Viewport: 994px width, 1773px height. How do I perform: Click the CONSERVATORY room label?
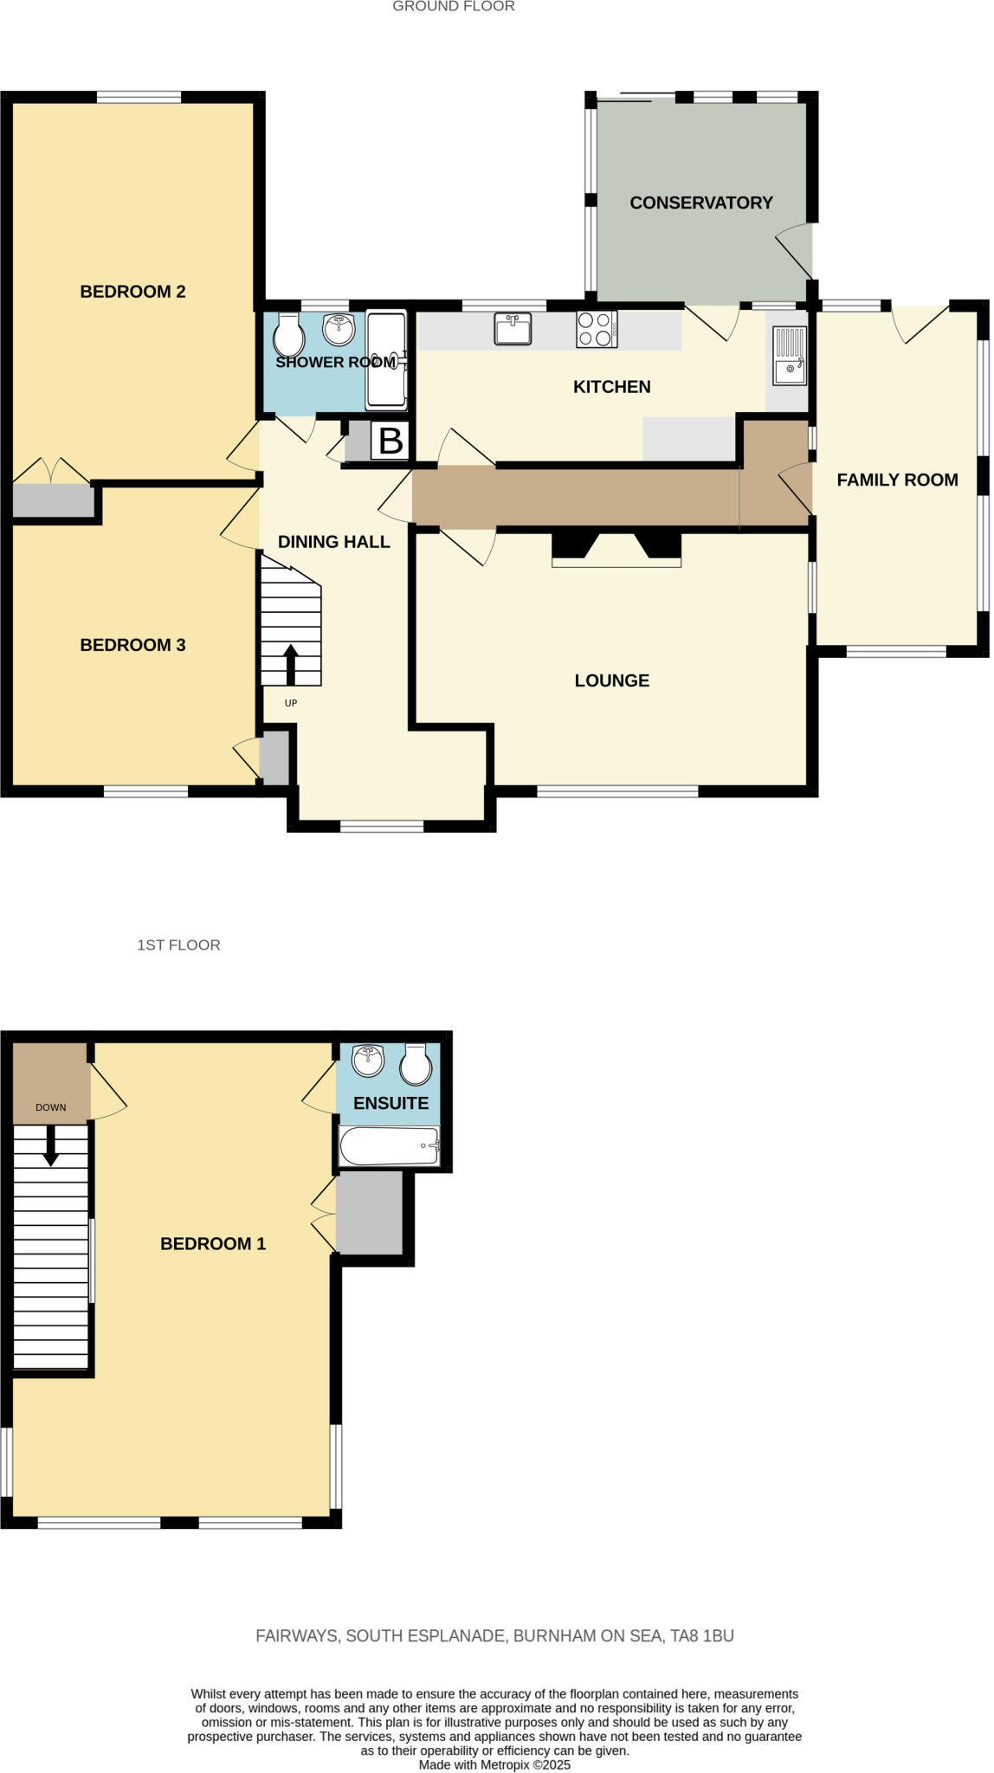(x=700, y=203)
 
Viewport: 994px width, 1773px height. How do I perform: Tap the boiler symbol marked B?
(x=390, y=441)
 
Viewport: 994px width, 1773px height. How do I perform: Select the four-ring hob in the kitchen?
(x=596, y=329)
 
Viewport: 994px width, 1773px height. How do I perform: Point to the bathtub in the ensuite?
(x=390, y=1145)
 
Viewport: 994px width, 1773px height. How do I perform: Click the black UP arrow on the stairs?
(x=290, y=665)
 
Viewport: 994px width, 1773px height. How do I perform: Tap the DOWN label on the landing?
(x=51, y=1106)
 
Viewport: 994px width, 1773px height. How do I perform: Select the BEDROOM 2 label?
(x=132, y=292)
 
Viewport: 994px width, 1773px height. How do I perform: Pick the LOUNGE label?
(x=611, y=680)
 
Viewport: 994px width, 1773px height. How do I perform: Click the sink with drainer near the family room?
(x=789, y=356)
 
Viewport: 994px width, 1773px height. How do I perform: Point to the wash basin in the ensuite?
(x=369, y=1060)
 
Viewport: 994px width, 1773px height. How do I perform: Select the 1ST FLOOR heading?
(x=178, y=945)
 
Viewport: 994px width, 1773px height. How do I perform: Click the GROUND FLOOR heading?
(x=453, y=7)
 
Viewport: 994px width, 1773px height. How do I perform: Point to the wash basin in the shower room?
(x=339, y=329)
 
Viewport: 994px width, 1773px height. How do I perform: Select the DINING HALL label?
(x=333, y=542)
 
